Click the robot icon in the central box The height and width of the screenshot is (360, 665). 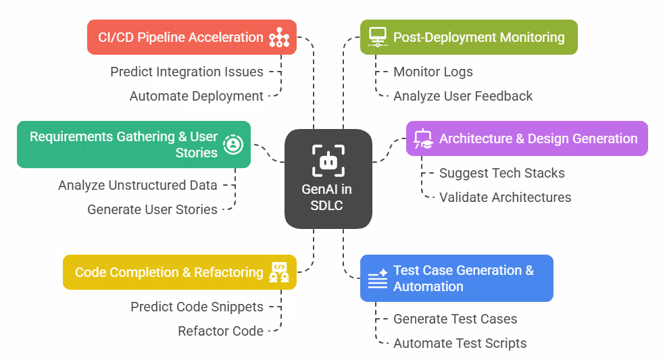click(x=328, y=160)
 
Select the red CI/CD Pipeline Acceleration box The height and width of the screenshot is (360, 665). click(x=192, y=37)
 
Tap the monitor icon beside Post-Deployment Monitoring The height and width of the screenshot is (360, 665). click(x=376, y=37)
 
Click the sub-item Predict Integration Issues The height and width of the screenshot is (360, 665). click(x=187, y=72)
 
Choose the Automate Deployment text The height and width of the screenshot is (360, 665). click(x=196, y=96)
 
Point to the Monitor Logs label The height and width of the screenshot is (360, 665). click(x=433, y=72)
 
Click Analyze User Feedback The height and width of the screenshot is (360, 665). click(x=463, y=96)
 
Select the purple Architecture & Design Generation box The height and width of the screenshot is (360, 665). click(x=526, y=138)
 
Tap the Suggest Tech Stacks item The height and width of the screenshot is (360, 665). click(x=501, y=173)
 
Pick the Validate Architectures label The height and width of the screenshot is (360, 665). click(x=505, y=197)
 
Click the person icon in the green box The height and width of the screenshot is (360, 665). click(x=233, y=144)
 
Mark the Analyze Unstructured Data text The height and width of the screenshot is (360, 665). click(x=138, y=185)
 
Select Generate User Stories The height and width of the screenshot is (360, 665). click(x=152, y=209)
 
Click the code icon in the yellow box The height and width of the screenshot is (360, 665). click(x=279, y=272)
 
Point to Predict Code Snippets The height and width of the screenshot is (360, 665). click(x=197, y=307)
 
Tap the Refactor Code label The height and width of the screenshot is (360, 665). click(x=220, y=331)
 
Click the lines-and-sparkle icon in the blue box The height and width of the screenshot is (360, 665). click(x=376, y=278)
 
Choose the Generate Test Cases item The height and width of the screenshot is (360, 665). click(x=455, y=319)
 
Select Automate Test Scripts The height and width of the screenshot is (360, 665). click(x=460, y=343)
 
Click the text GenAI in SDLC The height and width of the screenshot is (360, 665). click(x=326, y=197)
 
